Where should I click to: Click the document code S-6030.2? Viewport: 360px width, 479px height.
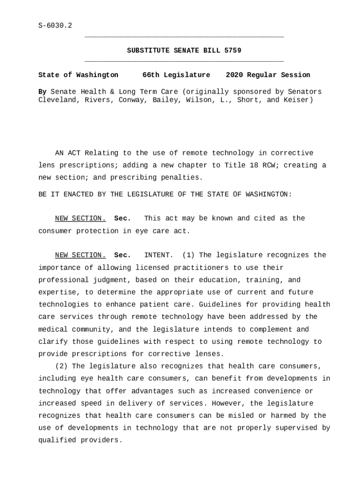coord(55,25)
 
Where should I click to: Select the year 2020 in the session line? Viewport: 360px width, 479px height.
coord(234,75)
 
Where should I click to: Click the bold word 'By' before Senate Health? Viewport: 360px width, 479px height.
coord(42,92)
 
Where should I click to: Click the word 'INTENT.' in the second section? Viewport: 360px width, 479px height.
coord(158,255)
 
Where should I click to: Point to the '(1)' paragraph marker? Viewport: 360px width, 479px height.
coord(188,255)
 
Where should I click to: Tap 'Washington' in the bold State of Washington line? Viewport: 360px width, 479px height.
coord(97,75)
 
